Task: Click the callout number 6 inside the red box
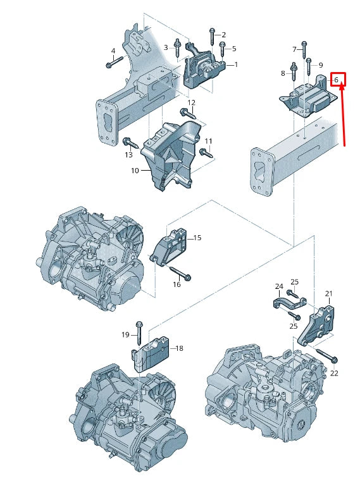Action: [337, 80]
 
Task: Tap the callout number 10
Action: [135, 171]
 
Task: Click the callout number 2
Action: [223, 35]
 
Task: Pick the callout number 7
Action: [294, 49]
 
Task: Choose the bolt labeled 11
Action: [205, 152]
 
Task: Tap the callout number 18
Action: [179, 348]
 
